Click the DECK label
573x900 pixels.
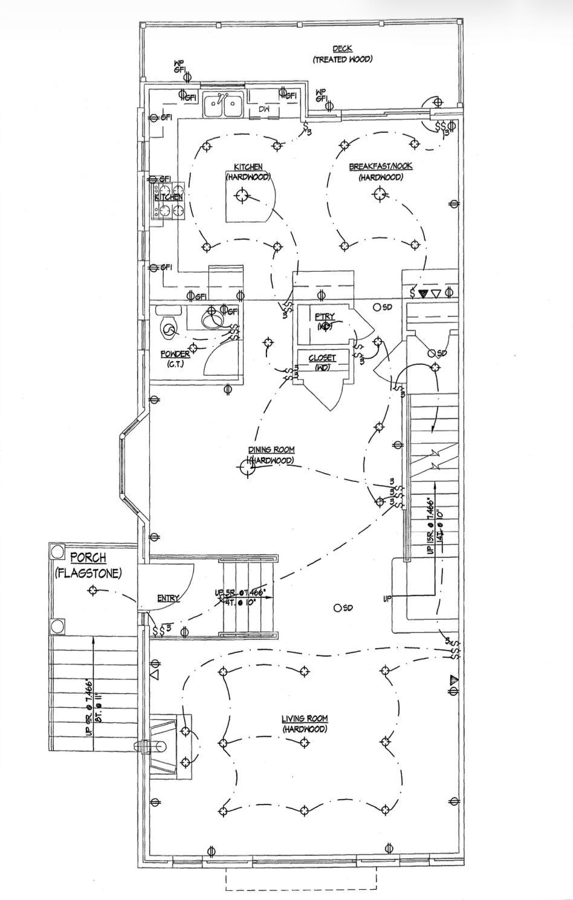[x=342, y=49]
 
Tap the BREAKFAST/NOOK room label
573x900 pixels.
[x=380, y=166]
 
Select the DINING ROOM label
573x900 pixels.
[x=271, y=449]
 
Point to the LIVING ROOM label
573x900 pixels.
[x=305, y=719]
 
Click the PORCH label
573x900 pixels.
[x=88, y=558]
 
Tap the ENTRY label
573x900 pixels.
[x=168, y=599]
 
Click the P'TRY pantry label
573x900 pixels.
[x=325, y=317]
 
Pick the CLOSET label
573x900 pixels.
[x=322, y=358]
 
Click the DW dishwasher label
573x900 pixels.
[x=264, y=109]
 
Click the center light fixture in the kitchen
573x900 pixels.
[x=242, y=195]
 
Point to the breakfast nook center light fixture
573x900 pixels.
[x=380, y=194]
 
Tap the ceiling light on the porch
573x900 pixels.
[x=92, y=591]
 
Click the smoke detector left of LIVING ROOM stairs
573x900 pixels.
[x=337, y=608]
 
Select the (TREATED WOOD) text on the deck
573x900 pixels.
[x=342, y=59]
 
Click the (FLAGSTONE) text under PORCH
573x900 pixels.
[x=88, y=573]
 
